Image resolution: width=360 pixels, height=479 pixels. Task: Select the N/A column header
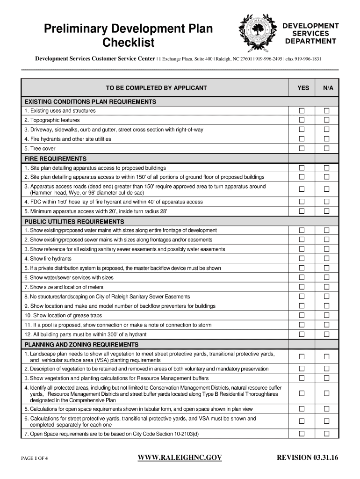pyautogui.click(x=327, y=88)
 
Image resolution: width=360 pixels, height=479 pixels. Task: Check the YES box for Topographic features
pyautogui.click(x=302, y=120)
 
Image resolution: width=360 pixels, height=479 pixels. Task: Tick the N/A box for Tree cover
pyautogui.click(x=327, y=148)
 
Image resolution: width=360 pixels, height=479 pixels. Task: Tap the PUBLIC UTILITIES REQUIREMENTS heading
pyautogui.click(x=74, y=222)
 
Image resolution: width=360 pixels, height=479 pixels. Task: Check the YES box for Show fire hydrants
pyautogui.click(x=302, y=259)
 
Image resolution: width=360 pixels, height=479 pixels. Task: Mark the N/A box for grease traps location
pyautogui.click(x=327, y=315)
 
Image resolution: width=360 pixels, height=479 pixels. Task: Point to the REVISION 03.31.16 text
pyautogui.click(x=307, y=457)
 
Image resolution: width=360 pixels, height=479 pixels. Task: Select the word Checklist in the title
pyautogui.click(x=128, y=44)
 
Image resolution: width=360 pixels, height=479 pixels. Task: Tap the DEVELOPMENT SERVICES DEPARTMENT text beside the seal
pyautogui.click(x=310, y=33)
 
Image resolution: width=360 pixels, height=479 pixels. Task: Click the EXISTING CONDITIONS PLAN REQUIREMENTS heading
pyautogui.click(x=90, y=102)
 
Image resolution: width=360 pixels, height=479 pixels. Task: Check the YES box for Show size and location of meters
pyautogui.click(x=302, y=287)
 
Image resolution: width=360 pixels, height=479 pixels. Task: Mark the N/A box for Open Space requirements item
pyautogui.click(x=327, y=434)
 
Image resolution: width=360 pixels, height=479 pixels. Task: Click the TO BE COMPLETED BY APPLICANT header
pyautogui.click(x=156, y=88)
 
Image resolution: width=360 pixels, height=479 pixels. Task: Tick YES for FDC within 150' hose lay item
pyautogui.click(x=302, y=202)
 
